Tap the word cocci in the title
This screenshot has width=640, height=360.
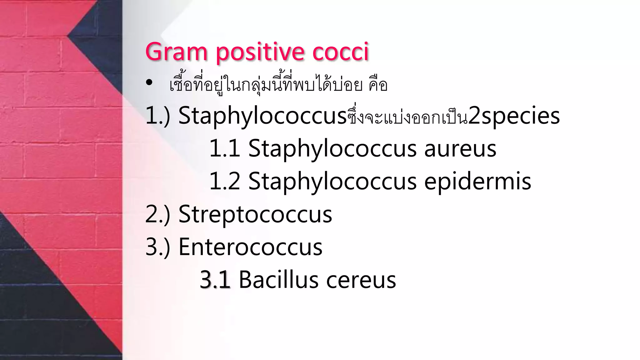pos(341,52)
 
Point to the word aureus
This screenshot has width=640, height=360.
pos(460,148)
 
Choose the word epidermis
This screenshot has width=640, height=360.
pos(477,182)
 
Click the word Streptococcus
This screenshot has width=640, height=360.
pos(255,215)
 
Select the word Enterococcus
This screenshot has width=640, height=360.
pos(250,247)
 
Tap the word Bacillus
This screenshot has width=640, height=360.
pos(278,280)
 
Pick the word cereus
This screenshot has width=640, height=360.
pos(361,280)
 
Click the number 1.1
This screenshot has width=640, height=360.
pos(224,148)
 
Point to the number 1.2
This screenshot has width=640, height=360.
pos(224,182)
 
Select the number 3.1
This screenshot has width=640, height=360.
pos(215,280)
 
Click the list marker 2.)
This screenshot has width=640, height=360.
pos(158,215)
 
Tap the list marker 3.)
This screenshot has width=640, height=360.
pos(158,247)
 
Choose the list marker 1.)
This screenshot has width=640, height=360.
pos(158,116)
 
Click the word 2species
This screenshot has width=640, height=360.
pos(514,116)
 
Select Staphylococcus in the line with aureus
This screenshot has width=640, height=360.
pos(332,148)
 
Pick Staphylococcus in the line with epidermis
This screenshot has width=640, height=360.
pos(332,182)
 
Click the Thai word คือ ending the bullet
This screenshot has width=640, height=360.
pos(378,85)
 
